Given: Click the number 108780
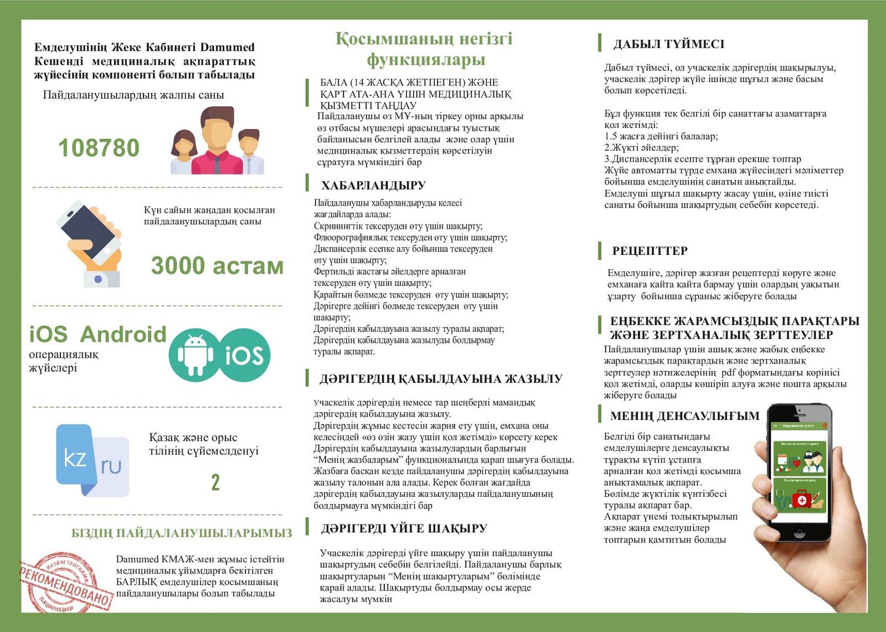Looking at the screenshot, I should pyautogui.click(x=99, y=148).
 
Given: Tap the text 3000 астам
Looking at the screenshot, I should pyautogui.click(x=217, y=266).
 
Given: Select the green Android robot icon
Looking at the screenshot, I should pyautogui.click(x=195, y=354).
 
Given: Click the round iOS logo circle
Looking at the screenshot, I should pyautogui.click(x=244, y=355).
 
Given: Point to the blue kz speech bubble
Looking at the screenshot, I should pyautogui.click(x=74, y=458).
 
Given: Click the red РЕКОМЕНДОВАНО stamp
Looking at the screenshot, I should pyautogui.click(x=65, y=583).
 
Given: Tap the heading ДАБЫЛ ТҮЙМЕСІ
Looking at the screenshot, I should pyautogui.click(x=668, y=44).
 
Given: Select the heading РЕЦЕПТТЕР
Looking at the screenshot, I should pyautogui.click(x=650, y=251).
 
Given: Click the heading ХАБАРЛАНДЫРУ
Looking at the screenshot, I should pyautogui.click(x=373, y=186).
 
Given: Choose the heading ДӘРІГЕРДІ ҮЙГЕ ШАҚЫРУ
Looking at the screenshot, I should pyautogui.click(x=404, y=528).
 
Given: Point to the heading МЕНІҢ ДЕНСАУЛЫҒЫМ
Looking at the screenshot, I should pyautogui.click(x=684, y=416).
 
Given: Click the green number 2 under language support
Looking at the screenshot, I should pyautogui.click(x=215, y=482).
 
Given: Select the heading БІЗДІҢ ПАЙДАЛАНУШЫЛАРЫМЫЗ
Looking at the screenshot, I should pyautogui.click(x=182, y=533).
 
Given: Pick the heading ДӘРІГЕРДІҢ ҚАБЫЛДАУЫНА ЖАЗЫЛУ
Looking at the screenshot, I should pyautogui.click(x=441, y=379).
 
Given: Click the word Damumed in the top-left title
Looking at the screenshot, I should pyautogui.click(x=227, y=47).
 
